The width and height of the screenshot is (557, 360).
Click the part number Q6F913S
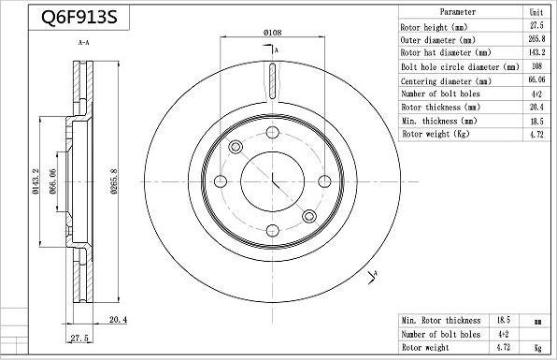(68, 18)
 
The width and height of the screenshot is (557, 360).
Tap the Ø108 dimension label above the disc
(272, 33)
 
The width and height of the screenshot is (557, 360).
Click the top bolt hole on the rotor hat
(272, 133)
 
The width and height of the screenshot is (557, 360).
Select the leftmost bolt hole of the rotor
(221, 181)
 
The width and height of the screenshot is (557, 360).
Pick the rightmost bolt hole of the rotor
(324, 181)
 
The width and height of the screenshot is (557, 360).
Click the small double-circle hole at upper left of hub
(236, 147)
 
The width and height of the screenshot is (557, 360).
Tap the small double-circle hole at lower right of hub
(309, 217)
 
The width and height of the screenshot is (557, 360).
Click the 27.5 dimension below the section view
(79, 338)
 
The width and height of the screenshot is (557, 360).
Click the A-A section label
(83, 43)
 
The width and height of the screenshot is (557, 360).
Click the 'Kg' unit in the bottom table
(537, 347)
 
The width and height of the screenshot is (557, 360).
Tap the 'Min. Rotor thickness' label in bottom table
(441, 321)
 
